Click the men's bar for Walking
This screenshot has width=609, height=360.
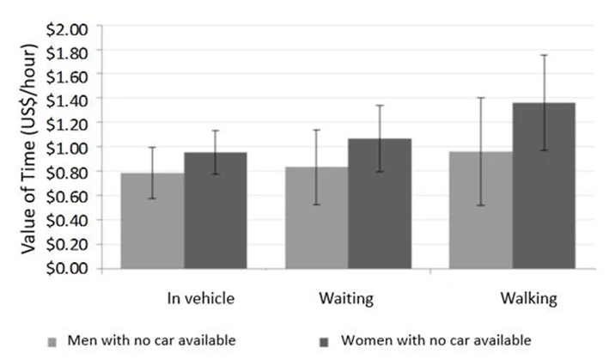click(x=480, y=211)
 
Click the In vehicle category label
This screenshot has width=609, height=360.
click(x=200, y=298)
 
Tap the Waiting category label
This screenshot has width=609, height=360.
click(x=345, y=298)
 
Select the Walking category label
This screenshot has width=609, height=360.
click(x=528, y=298)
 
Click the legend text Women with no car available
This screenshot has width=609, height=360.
click(x=435, y=340)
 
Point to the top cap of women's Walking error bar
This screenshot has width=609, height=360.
click(x=544, y=55)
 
